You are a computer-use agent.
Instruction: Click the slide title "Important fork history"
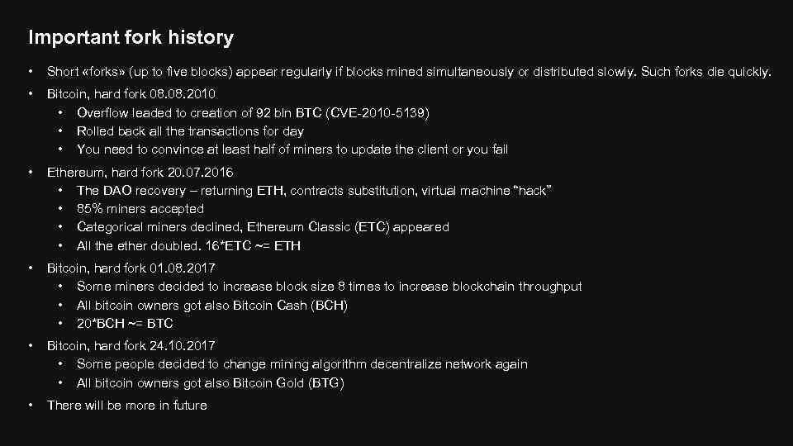131,37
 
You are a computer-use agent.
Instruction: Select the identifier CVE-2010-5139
380,112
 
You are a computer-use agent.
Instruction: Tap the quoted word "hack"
531,191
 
